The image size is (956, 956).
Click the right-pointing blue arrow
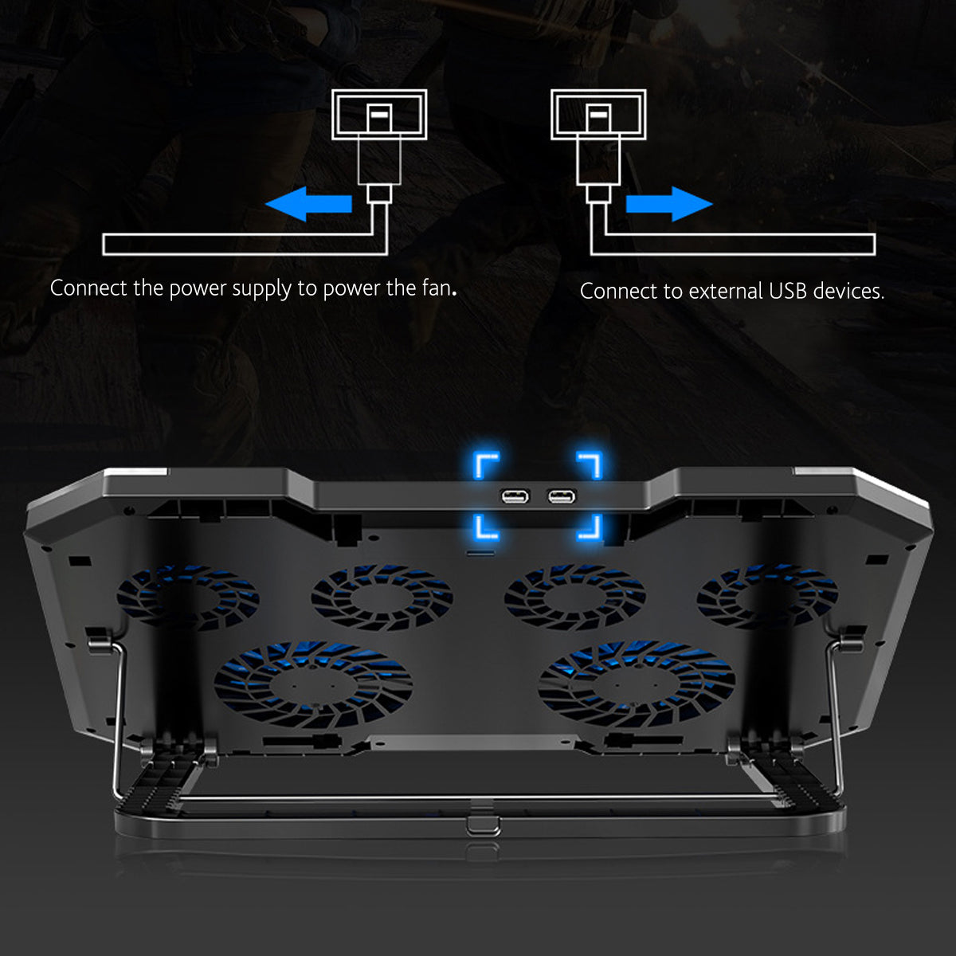[668, 205]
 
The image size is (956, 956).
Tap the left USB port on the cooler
[515, 498]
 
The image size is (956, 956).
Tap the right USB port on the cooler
[561, 498]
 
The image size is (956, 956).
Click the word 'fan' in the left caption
[437, 288]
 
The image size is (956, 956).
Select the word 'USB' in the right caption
[788, 291]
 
